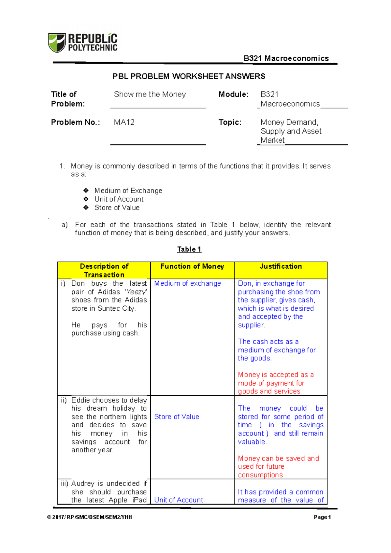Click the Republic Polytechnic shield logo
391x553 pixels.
point(57,43)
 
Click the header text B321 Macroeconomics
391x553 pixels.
point(286,58)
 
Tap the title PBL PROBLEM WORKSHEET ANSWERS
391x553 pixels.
point(189,76)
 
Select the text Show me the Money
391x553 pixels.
point(150,94)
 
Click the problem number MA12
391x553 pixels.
point(124,122)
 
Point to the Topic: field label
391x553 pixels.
point(230,122)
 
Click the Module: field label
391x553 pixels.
point(233,94)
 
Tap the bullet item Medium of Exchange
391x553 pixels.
point(128,191)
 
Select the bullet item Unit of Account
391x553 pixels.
point(119,199)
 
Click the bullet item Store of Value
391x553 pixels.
point(117,207)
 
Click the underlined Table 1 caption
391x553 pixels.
point(189,249)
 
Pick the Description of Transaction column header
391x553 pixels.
point(104,270)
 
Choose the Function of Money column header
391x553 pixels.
point(192,266)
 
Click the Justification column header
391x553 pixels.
point(281,266)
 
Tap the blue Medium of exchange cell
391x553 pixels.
point(187,283)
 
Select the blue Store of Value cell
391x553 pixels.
point(177,417)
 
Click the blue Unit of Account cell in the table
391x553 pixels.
point(179,500)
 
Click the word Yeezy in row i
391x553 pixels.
point(136,292)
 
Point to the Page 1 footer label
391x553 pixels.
point(322,517)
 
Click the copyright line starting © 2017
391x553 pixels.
point(90,517)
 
